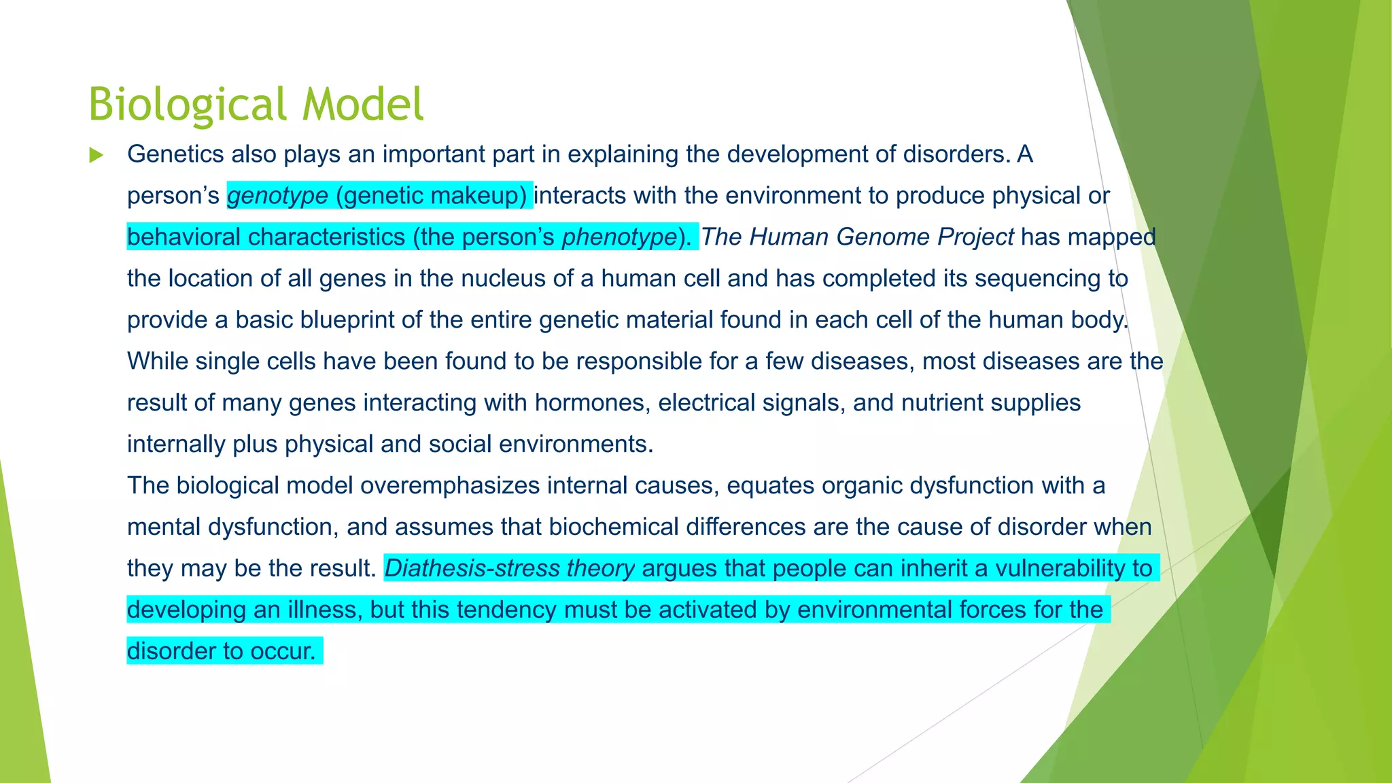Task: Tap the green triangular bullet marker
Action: [96, 155]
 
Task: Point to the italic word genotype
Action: [277, 196]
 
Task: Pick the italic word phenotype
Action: [619, 237]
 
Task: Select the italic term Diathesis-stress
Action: [472, 569]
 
